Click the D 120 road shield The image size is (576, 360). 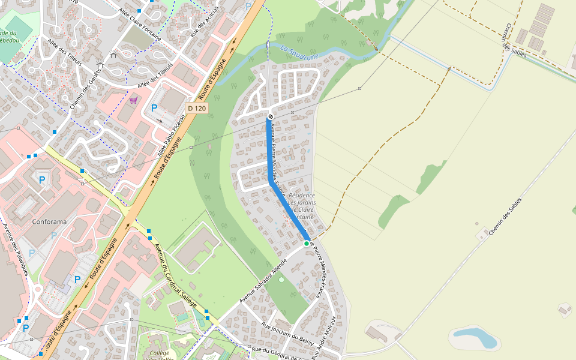coord(197,108)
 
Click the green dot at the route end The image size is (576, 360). coord(307,244)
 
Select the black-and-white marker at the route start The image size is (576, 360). coord(271,116)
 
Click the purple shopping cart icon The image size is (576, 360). coord(133,100)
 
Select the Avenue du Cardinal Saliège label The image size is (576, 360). coord(175,275)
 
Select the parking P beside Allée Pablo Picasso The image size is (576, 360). coord(154,108)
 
